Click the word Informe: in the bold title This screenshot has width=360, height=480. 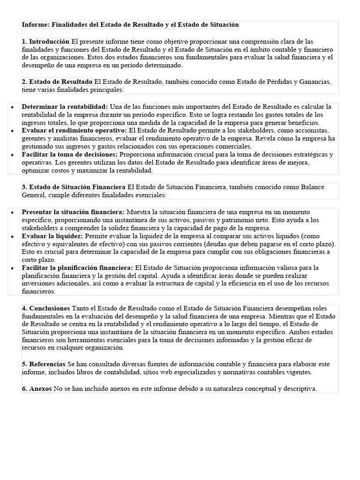[36, 24]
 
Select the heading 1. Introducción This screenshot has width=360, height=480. [45, 42]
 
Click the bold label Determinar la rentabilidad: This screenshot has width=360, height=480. [65, 107]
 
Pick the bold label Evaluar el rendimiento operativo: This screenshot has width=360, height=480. [74, 130]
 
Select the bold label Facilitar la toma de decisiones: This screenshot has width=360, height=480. [70, 154]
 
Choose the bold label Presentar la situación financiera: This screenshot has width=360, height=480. [73, 212]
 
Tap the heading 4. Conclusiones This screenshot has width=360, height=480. [46, 308]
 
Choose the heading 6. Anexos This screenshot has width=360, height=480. [37, 389]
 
